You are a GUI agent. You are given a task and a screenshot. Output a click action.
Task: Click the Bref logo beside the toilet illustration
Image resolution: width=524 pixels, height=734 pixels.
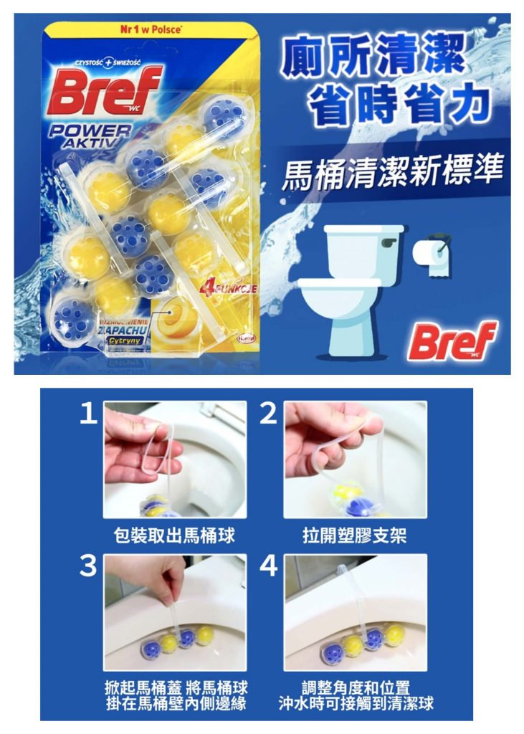tap(452, 340)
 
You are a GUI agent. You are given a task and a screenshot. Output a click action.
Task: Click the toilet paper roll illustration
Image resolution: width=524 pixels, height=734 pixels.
tap(432, 255)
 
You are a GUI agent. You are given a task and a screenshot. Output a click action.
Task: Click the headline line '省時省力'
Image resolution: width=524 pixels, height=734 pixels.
tap(398, 104)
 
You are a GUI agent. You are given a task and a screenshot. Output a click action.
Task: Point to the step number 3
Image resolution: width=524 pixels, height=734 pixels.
tap(87, 566)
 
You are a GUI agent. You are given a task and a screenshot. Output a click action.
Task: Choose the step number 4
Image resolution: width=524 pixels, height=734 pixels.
tap(268, 566)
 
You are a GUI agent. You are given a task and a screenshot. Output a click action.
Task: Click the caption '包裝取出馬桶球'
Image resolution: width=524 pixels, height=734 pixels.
tap(175, 535)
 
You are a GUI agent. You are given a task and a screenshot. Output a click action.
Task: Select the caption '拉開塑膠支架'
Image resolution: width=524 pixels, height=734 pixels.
tap(355, 535)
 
